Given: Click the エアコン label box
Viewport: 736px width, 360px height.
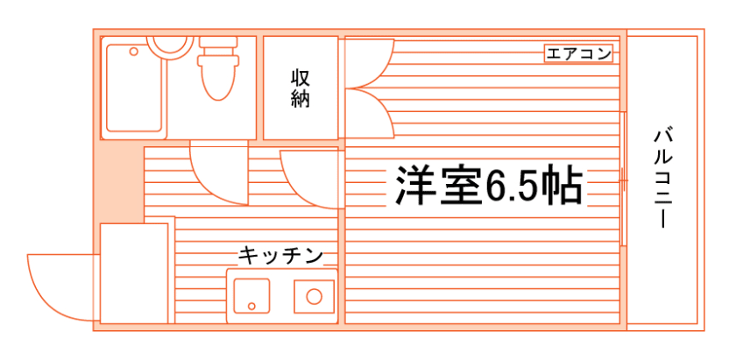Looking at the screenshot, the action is [579, 53].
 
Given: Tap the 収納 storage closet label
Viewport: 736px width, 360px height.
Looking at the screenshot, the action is [301, 88].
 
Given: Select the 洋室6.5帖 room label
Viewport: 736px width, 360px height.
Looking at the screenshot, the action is [489, 185].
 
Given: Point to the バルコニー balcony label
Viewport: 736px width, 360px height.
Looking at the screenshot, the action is [662, 178].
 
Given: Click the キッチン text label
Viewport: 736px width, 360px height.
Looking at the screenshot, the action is [280, 257].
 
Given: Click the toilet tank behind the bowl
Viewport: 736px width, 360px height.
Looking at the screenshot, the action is [218, 42].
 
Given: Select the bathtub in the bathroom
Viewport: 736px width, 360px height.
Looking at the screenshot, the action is [134, 88].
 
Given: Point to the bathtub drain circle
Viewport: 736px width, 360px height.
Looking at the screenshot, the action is [134, 52].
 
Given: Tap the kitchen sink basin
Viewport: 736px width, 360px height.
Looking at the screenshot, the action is [251, 296].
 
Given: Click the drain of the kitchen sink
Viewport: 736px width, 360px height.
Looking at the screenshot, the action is [251, 306].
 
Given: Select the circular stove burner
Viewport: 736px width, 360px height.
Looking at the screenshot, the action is [314, 297].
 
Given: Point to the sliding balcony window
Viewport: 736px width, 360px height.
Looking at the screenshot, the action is [623, 179].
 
